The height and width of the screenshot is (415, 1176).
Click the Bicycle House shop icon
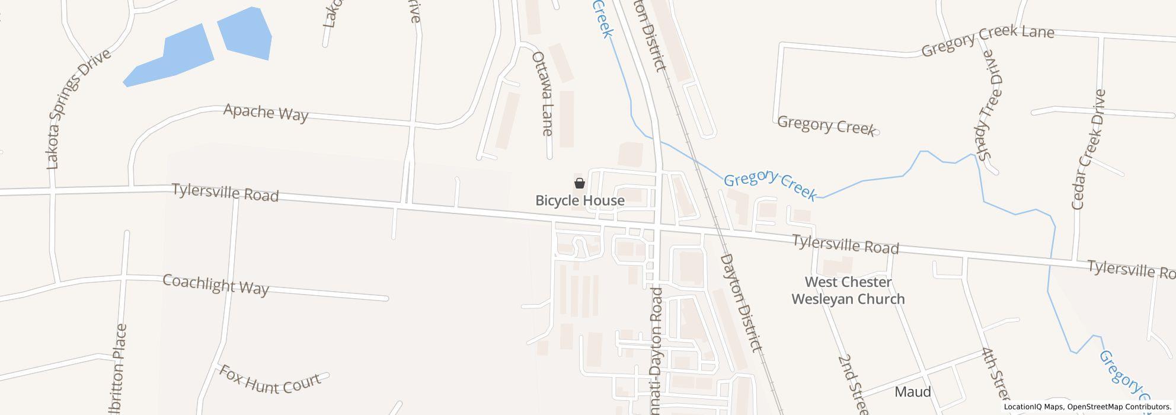pyautogui.click(x=580, y=183)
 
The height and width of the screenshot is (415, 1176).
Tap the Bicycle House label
pyautogui.click(x=580, y=200)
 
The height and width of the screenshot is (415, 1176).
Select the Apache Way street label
pyautogui.click(x=266, y=112)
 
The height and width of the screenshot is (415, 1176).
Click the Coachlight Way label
pyautogui.click(x=216, y=285)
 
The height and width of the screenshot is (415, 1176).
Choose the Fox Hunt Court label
pyautogui.click(x=270, y=379)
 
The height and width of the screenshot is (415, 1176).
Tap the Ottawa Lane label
pyautogui.click(x=542, y=93)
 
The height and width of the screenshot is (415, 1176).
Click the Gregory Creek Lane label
pyautogui.click(x=988, y=40)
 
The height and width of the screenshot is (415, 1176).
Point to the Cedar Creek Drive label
pyautogui.click(x=1089, y=149)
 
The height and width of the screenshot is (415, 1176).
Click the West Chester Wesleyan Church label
pyautogui.click(x=848, y=290)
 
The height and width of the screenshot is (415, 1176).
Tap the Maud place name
pyautogui.click(x=912, y=392)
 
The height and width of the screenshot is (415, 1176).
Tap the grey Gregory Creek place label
pyautogui.click(x=826, y=126)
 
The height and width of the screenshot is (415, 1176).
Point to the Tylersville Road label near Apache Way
pyautogui.click(x=225, y=192)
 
